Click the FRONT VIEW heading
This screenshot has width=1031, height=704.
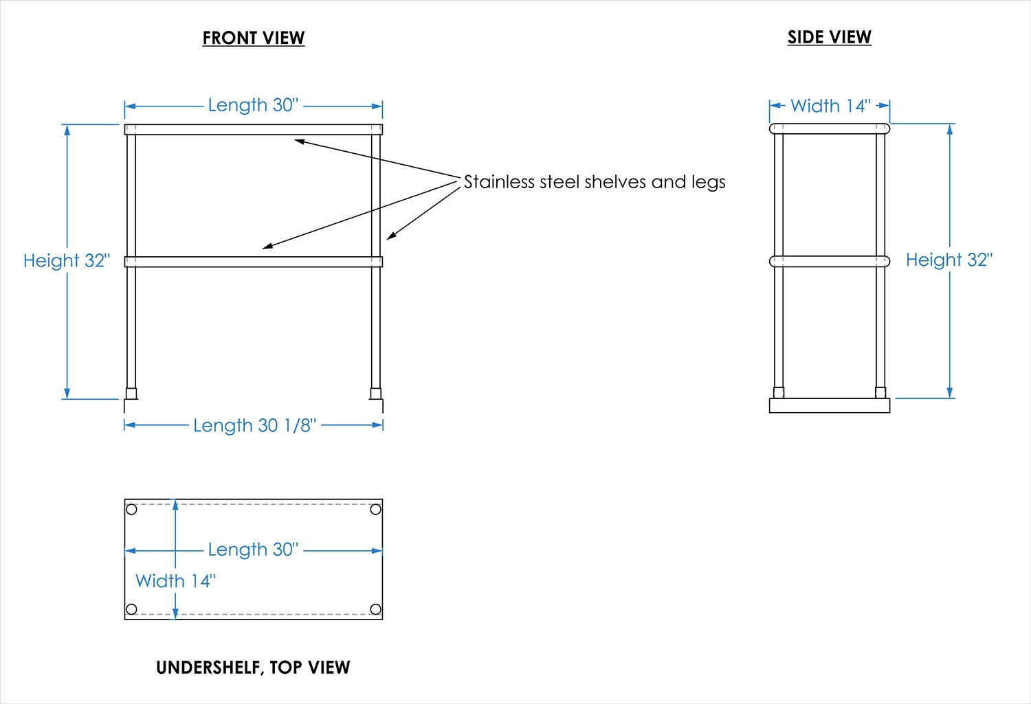pos(253,38)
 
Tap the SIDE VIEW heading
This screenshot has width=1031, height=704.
pos(829,38)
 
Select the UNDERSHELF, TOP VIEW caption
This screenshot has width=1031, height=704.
pos(253,668)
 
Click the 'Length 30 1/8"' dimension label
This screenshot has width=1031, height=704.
pos(254,426)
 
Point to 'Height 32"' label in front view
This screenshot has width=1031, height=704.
pos(67,261)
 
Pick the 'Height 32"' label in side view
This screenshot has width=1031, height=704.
pos(949,260)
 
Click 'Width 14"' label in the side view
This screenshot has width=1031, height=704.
pos(830,106)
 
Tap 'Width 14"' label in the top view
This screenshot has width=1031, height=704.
pos(175,582)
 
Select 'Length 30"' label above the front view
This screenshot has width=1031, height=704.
pos(253,106)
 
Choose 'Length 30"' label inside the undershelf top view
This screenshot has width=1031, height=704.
pos(253,550)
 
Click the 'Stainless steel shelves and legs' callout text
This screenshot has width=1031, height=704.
pos(595,182)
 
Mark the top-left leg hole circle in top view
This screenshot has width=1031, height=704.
pos(132,510)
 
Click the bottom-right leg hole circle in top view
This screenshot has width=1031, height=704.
pos(375,609)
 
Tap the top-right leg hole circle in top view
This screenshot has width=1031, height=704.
pos(375,510)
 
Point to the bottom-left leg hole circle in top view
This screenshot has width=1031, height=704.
pos(132,609)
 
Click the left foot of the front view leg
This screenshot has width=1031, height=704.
pos(131,394)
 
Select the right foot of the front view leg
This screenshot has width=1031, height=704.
pos(375,394)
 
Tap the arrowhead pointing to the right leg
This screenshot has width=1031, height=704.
pos(390,237)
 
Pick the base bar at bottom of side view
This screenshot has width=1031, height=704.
pos(829,406)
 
